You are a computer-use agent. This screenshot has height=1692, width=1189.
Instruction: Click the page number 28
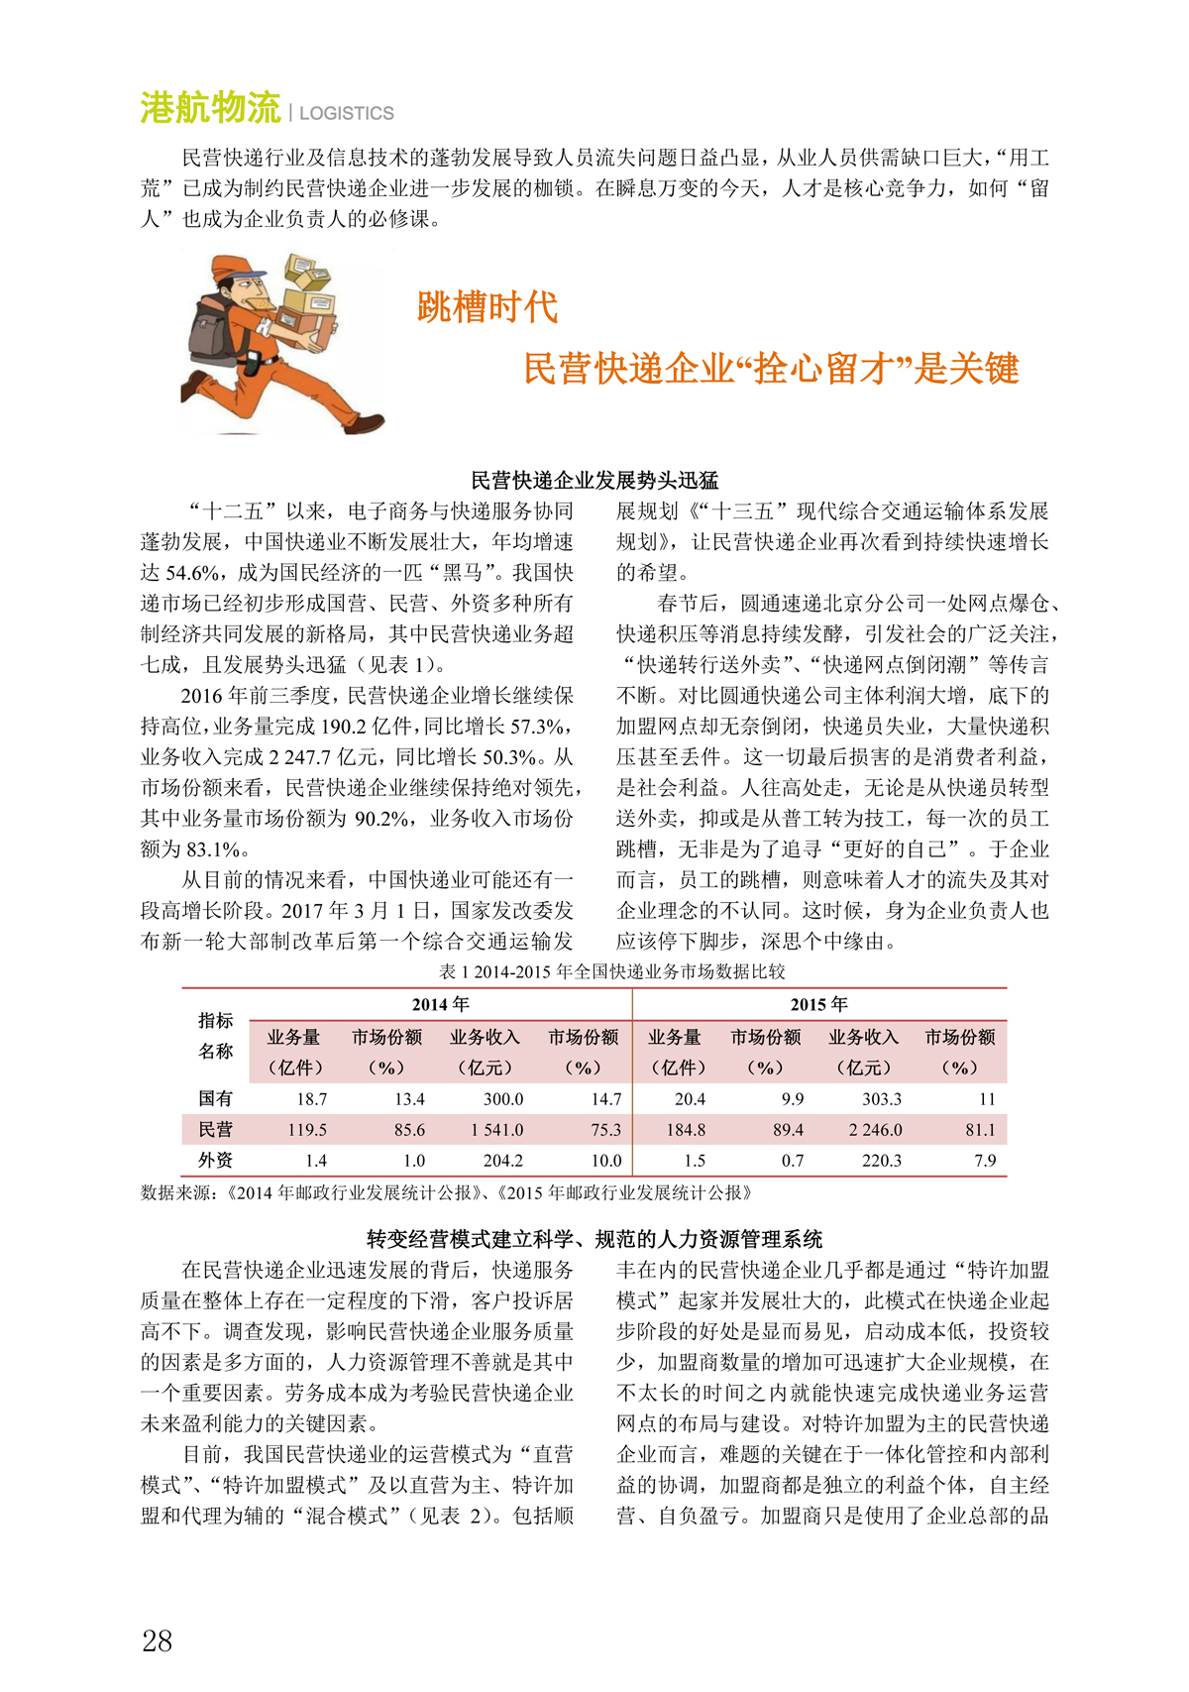(x=158, y=1640)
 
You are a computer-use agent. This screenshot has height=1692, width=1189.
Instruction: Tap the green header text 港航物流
(x=210, y=108)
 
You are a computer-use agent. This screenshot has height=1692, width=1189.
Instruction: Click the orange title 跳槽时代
(x=487, y=307)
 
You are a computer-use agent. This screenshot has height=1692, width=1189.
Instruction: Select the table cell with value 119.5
(x=307, y=1130)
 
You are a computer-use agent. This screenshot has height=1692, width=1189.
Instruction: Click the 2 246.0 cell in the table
(x=875, y=1130)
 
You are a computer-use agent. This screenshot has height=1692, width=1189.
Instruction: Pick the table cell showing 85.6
(x=409, y=1130)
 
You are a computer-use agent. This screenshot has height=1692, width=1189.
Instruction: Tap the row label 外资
(x=216, y=1161)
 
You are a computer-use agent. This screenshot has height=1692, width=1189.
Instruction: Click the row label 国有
(x=216, y=1098)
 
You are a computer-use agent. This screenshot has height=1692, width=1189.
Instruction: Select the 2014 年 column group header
(x=440, y=1004)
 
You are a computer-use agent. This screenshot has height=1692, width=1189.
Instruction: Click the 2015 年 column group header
(x=819, y=1004)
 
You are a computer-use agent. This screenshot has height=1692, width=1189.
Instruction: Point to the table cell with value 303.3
(x=881, y=1099)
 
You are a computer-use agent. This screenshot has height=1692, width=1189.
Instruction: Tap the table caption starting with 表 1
(x=611, y=971)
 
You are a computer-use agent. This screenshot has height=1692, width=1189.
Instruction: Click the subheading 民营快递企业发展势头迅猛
(x=594, y=481)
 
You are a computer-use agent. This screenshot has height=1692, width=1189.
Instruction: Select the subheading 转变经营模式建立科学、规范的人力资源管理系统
(x=594, y=1239)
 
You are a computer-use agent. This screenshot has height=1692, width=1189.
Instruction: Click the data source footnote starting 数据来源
(x=446, y=1192)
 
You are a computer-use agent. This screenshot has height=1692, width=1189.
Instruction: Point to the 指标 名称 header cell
(x=216, y=1036)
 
